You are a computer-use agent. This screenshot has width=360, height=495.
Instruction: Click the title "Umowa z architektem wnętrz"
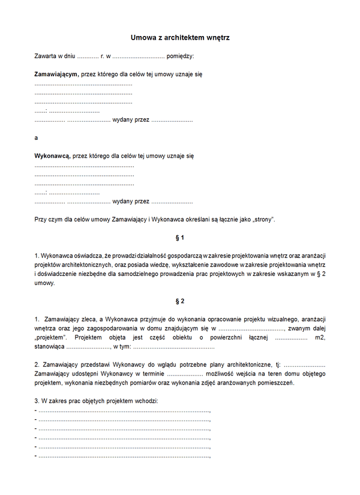(180, 38)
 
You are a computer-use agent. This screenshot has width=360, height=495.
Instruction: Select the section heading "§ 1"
(180, 238)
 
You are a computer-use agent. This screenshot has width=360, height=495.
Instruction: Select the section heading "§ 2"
(180, 301)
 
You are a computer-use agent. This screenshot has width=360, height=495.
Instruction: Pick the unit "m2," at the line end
(319, 338)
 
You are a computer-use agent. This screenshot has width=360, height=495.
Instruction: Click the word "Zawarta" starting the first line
(46, 56)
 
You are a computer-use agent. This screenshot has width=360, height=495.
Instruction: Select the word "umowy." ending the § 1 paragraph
(44, 283)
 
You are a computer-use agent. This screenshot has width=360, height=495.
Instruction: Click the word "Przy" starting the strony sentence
(41, 219)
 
